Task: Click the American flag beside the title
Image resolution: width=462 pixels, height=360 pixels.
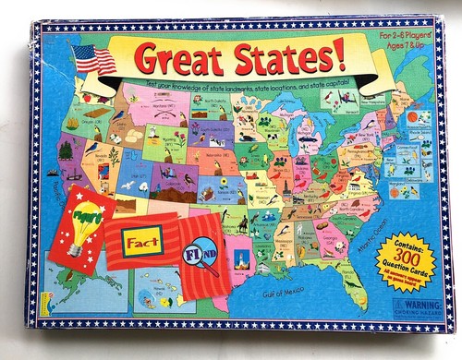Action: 94,61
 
